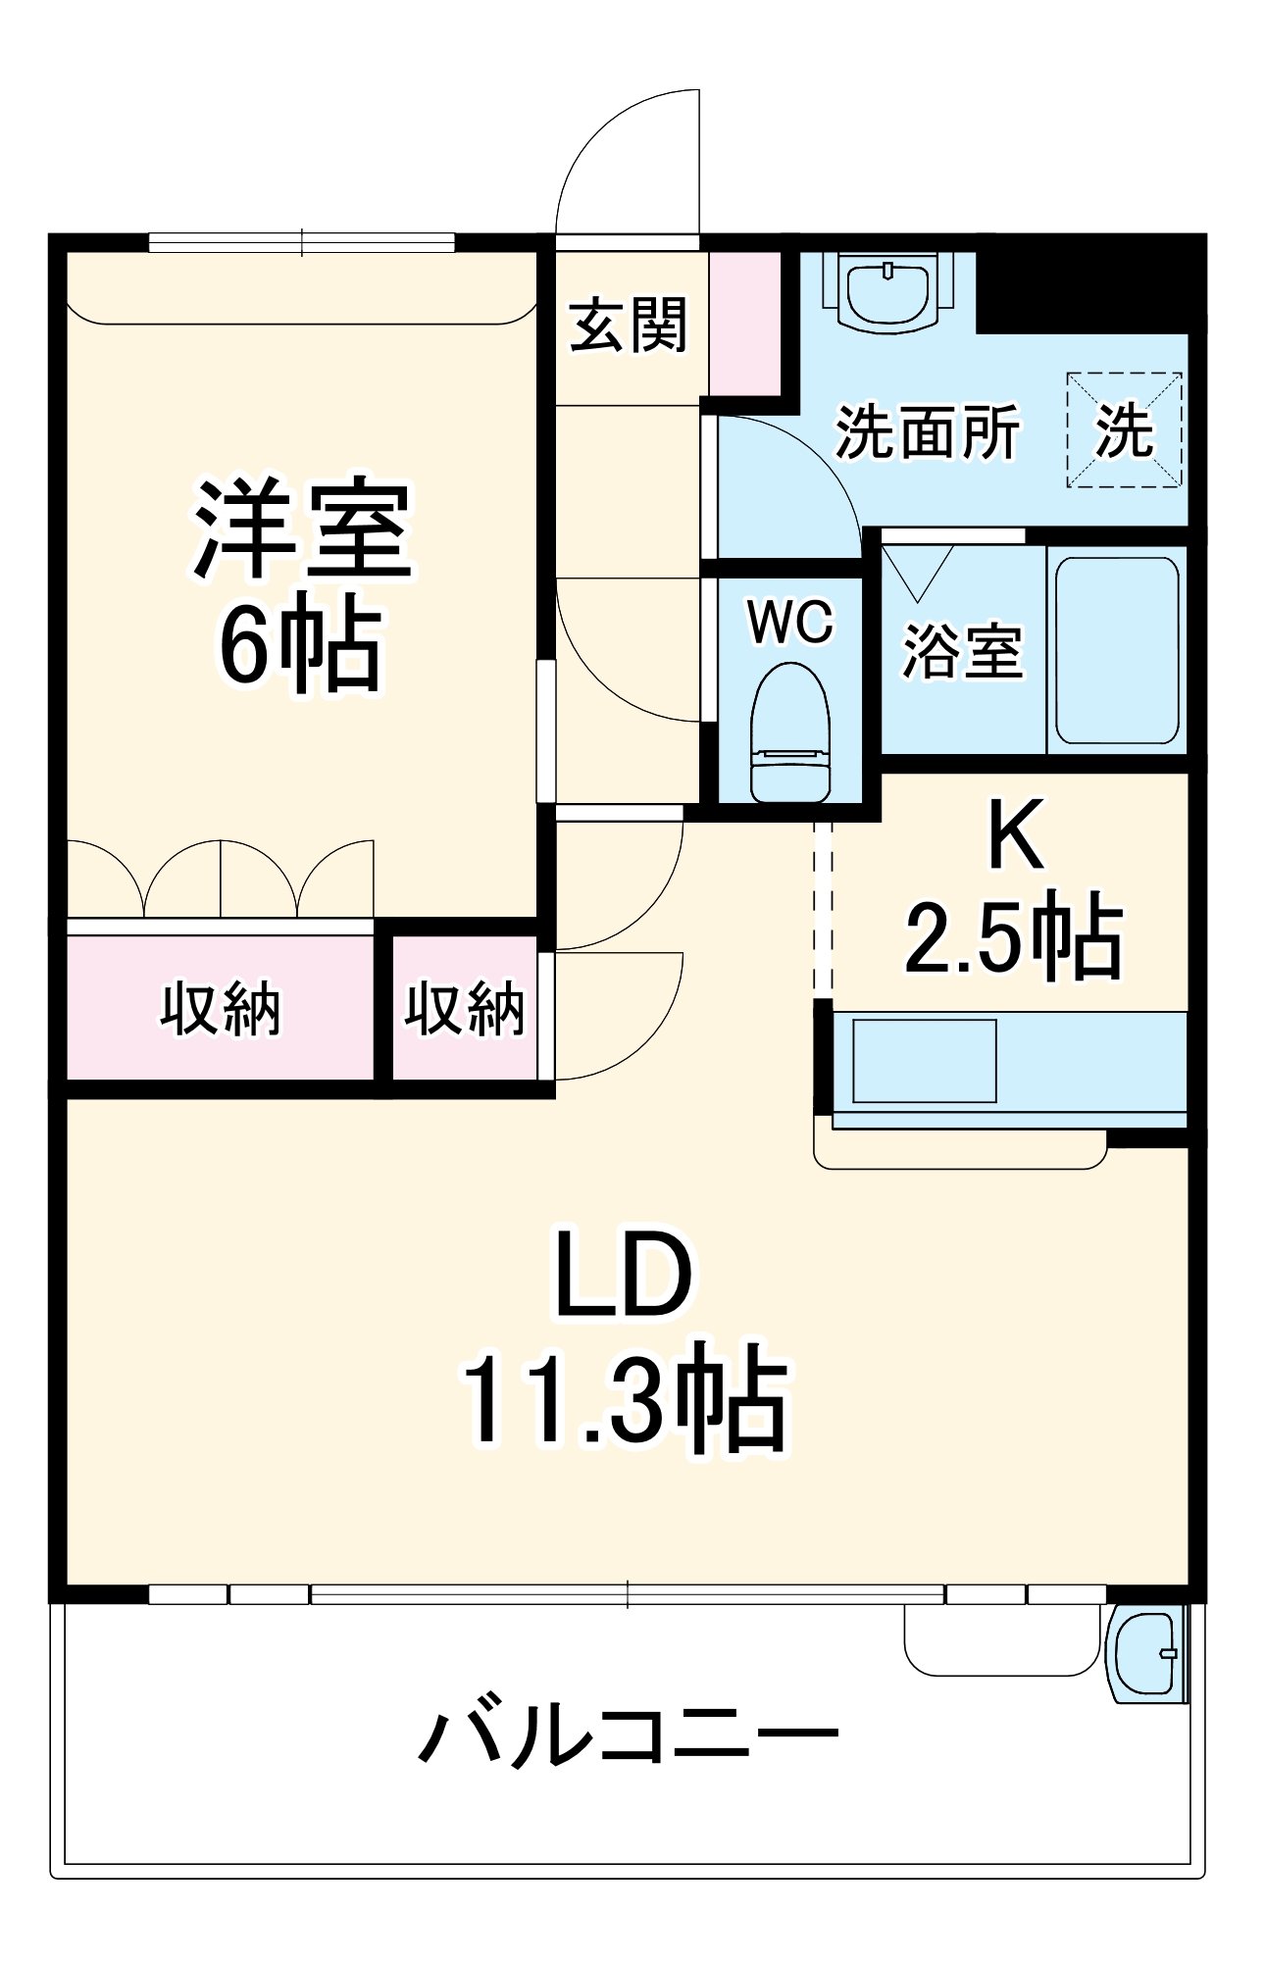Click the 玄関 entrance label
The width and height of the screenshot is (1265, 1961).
click(628, 325)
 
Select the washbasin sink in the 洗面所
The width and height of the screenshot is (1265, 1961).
click(887, 292)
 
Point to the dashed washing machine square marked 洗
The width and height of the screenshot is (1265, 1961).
click(1124, 429)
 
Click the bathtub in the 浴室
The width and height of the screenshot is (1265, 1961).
click(1116, 651)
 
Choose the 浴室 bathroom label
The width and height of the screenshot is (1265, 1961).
click(962, 651)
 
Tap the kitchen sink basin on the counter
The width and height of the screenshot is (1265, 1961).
click(924, 1061)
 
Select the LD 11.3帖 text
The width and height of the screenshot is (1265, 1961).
click(625, 1338)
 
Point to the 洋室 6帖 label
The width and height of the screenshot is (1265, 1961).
click(300, 585)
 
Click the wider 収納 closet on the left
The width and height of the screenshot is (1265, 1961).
click(221, 1008)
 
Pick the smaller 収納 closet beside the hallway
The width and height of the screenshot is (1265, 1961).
click(465, 1008)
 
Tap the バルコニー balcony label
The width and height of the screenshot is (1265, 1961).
click(628, 1735)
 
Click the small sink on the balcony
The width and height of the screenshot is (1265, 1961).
click(1144, 1655)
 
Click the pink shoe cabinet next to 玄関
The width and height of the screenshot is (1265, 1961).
click(744, 324)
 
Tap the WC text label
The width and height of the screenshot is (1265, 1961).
click(789, 621)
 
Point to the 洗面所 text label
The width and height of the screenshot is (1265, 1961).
click(927, 431)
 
